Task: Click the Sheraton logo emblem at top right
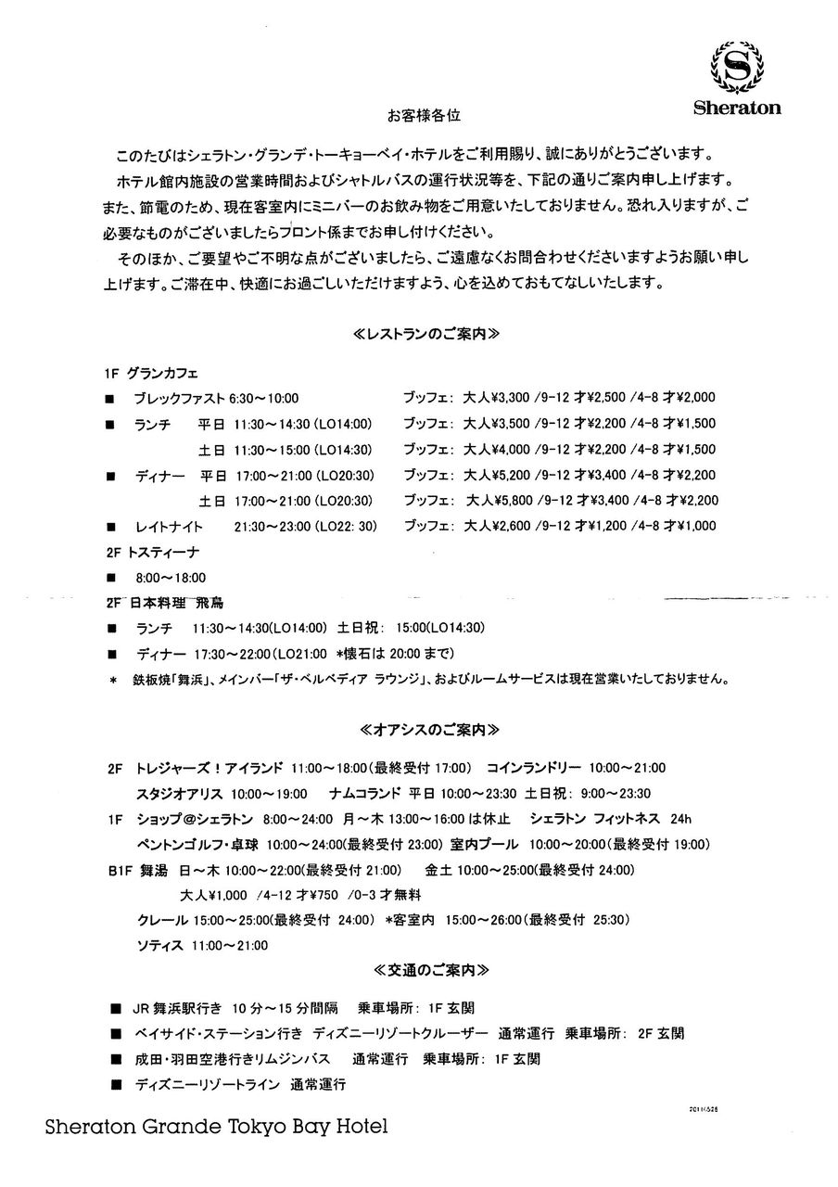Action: click(737, 67)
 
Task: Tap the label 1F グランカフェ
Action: click(151, 373)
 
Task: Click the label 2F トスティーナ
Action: click(152, 552)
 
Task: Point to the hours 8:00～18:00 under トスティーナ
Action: click(171, 577)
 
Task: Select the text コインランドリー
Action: click(534, 768)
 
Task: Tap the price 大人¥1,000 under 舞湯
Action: click(213, 896)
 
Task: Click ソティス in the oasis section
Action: click(157, 946)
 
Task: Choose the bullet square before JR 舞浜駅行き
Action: click(114, 1007)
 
